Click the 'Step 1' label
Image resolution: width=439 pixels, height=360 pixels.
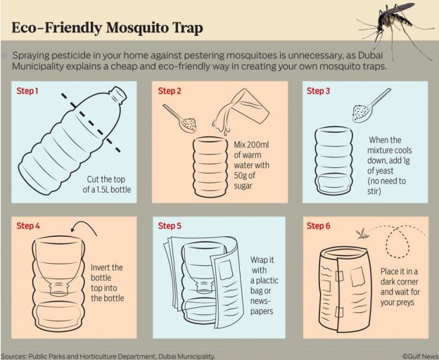coord(27,91)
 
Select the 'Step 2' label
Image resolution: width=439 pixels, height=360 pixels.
coord(170,91)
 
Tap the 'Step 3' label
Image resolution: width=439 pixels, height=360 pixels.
coord(318,91)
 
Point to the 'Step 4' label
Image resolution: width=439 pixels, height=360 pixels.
coord(28,226)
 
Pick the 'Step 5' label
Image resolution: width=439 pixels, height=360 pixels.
coord(170,226)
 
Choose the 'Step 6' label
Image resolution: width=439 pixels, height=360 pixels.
coord(318,226)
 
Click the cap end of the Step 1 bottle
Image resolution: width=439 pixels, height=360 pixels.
coord(119,94)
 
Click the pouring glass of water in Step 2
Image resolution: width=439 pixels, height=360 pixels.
coord(241,111)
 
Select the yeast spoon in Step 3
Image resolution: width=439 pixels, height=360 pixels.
coord(370,105)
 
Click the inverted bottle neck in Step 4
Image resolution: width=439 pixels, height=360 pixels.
coord(59,289)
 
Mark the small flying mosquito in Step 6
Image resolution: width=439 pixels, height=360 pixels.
coord(362,233)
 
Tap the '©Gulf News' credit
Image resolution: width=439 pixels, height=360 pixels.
coord(421,356)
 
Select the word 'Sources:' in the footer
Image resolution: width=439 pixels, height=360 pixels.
coord(14,356)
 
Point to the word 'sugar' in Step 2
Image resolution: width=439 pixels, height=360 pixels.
coord(243,186)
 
